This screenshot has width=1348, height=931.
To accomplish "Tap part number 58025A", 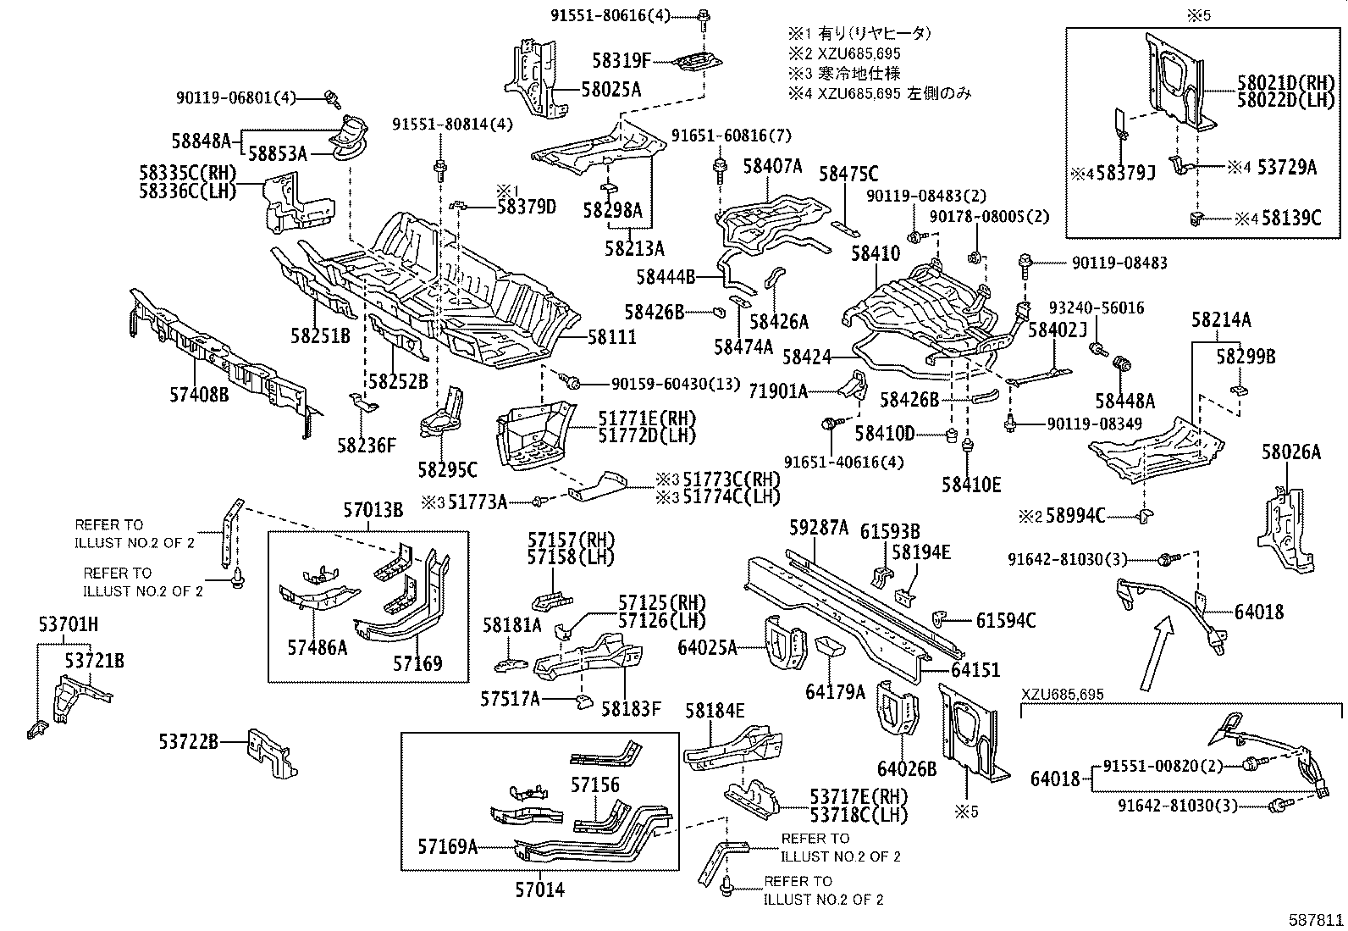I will click(611, 89).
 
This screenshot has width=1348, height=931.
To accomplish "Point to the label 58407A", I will click(772, 166).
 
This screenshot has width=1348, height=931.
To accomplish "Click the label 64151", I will click(975, 669).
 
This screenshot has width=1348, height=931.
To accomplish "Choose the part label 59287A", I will click(819, 529).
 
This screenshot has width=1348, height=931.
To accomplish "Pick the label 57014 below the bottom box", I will click(539, 889).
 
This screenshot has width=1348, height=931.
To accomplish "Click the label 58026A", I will click(1290, 452).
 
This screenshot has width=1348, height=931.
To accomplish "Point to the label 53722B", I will click(188, 742).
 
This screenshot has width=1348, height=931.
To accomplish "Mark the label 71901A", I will click(778, 391).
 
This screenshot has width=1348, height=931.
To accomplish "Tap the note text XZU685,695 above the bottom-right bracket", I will click(1062, 695).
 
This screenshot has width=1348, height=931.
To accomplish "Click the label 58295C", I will click(447, 468).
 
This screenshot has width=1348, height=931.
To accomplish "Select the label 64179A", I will click(835, 692).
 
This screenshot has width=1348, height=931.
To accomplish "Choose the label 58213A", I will click(634, 248).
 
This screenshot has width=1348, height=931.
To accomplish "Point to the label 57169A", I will click(447, 845).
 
